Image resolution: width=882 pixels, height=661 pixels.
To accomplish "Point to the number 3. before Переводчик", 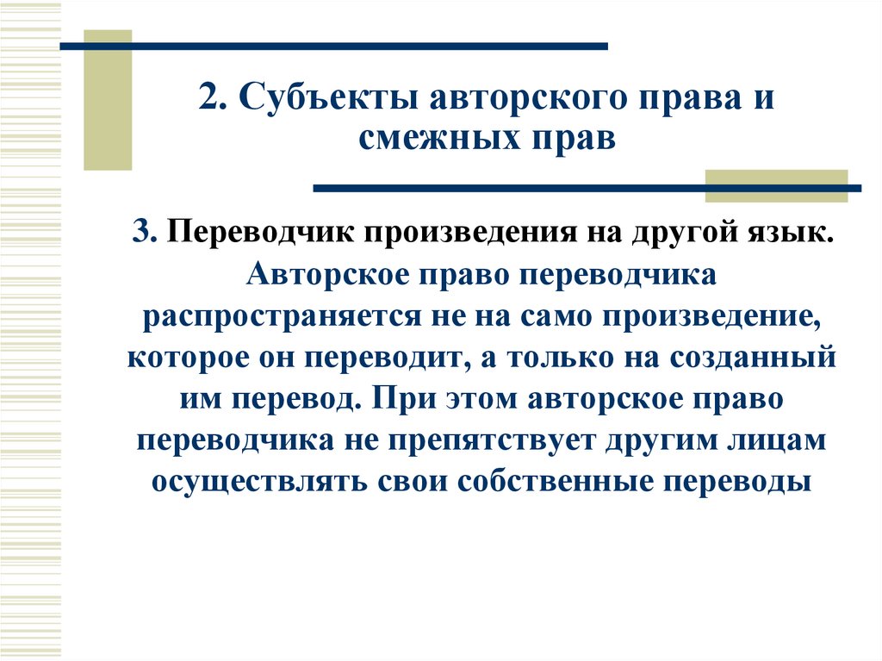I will pos(143,232).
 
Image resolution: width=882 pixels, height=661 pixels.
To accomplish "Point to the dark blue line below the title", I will pos(586,187).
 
